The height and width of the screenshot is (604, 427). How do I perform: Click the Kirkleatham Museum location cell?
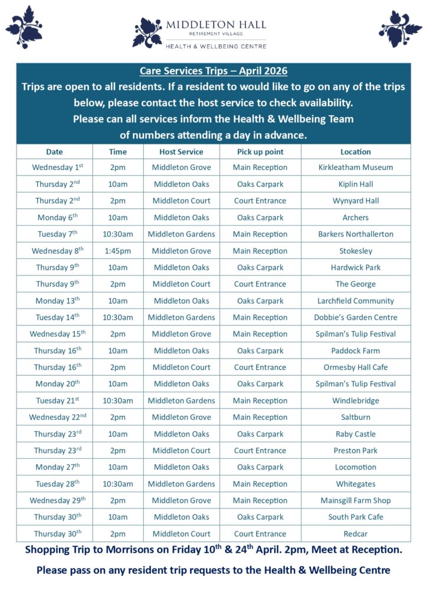[356, 168]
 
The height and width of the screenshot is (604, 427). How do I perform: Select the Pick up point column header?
[260, 152]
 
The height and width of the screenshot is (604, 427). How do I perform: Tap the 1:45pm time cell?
[117, 251]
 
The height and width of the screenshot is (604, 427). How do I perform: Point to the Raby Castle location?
[356, 434]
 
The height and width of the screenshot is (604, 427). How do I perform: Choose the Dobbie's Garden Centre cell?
[356, 317]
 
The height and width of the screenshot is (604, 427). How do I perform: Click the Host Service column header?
[182, 152]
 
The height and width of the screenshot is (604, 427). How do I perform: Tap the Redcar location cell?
[356, 534]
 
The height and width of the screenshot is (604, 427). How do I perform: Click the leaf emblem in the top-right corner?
[400, 28]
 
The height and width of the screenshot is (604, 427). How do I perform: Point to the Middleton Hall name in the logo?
[216, 25]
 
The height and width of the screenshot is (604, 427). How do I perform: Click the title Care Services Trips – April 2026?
[213, 71]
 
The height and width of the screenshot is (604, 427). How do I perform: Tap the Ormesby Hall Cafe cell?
[356, 367]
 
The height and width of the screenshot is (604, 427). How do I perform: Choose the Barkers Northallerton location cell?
[356, 234]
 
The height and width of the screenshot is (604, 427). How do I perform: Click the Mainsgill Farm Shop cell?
[356, 501]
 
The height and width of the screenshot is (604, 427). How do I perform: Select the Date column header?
[54, 152]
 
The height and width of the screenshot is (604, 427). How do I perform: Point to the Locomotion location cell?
[356, 467]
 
